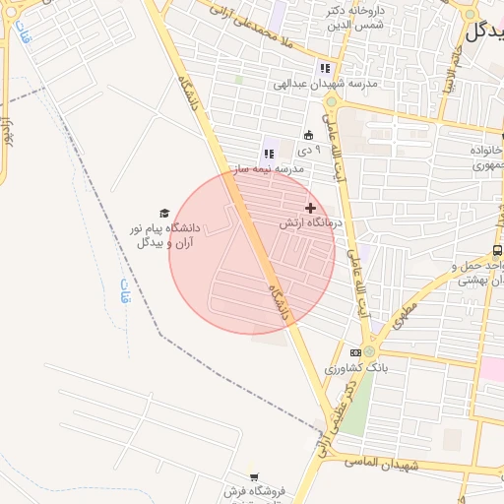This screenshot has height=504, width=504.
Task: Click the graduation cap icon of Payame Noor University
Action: click(164, 213)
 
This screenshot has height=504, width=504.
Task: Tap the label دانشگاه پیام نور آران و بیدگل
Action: click(163, 234)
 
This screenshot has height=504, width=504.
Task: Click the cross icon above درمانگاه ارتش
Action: click(311, 208)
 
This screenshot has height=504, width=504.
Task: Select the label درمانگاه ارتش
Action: click(309, 223)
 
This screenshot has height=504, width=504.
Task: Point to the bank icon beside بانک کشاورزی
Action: click(355, 352)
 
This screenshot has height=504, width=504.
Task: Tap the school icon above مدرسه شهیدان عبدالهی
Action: click(324, 69)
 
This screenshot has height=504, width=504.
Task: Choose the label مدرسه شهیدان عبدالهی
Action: click(324, 84)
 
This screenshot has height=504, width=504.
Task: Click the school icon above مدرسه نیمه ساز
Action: click(268, 154)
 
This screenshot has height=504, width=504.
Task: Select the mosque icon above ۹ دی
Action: click(309, 135)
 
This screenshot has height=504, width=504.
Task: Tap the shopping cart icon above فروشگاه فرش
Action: click(254, 476)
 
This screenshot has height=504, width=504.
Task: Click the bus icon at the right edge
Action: click(497, 251)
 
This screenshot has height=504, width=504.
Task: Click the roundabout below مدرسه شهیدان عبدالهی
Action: click(332, 101)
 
